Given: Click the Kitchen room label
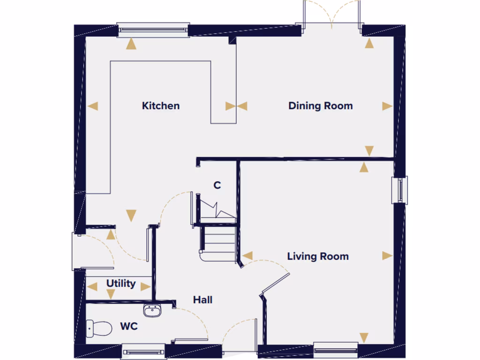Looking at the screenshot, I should [161, 106].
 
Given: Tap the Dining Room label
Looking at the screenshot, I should [321, 106].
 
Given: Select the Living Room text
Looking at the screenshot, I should [318, 256].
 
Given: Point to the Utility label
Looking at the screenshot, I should [121, 284].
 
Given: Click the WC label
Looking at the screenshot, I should [129, 326].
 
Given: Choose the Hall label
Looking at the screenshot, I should [202, 300].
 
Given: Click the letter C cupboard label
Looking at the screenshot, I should [217, 186].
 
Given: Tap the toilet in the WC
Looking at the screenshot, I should [99, 328].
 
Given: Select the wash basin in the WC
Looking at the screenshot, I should [152, 310].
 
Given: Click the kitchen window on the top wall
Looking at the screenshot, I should [153, 30].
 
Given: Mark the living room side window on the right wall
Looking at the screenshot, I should [400, 190].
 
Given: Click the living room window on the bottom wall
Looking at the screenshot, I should [336, 349].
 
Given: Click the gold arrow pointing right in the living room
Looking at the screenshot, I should [387, 255].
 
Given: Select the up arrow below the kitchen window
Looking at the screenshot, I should [132, 45].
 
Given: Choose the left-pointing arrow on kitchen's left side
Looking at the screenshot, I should [93, 106].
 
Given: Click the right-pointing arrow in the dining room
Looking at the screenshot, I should [387, 106].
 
